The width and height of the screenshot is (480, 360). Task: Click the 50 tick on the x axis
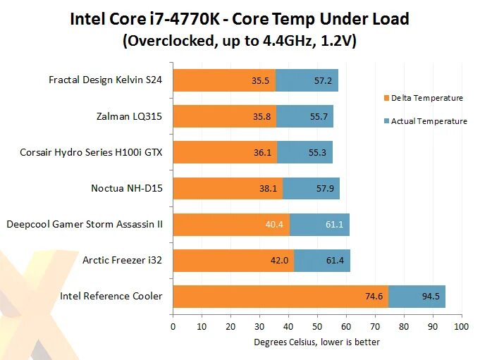point(317,327)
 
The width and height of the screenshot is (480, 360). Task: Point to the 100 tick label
point(462,327)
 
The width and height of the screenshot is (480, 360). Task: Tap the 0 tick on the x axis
point(173,327)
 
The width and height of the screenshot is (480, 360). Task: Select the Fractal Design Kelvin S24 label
point(106,80)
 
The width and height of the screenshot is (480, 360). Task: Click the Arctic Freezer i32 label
point(123,260)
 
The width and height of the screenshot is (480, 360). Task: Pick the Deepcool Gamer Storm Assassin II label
point(85,224)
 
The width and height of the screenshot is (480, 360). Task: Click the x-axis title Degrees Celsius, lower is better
point(317,342)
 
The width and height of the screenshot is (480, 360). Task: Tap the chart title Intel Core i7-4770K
point(240,18)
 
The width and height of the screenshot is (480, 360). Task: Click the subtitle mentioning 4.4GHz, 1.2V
point(240,42)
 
